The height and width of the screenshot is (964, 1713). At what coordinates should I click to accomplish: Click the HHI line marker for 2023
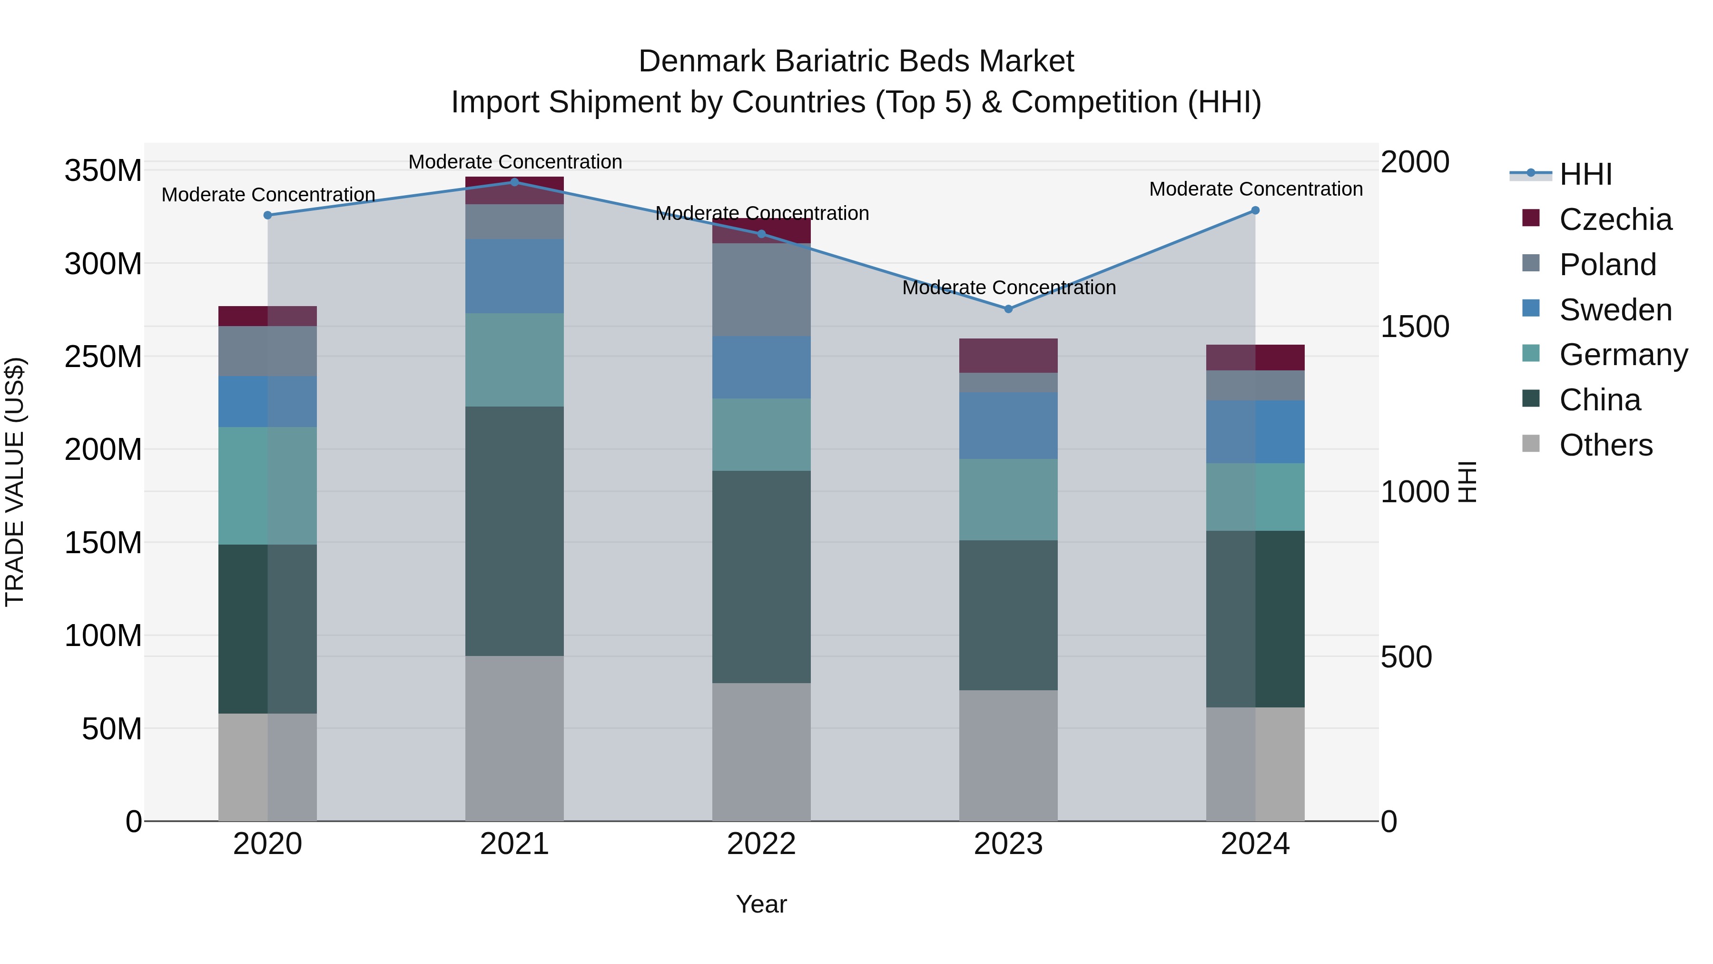1008,308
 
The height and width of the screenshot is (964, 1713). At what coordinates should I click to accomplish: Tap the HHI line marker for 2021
514,182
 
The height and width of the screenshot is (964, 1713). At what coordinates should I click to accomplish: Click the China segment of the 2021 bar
514,531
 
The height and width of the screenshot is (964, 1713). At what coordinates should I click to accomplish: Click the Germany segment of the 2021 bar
514,359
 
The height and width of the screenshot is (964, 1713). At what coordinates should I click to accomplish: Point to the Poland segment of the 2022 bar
761,289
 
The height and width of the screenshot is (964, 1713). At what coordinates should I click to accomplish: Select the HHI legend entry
1585,174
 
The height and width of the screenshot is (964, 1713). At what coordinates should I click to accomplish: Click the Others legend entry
1605,445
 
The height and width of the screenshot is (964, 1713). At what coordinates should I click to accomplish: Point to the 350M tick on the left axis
103,171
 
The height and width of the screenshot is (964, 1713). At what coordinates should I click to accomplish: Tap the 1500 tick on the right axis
1415,327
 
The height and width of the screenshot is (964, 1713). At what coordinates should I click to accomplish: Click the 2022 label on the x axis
761,844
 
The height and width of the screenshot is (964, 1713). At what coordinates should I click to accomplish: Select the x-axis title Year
761,904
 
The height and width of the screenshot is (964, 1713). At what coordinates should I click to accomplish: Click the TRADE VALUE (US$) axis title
15,482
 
